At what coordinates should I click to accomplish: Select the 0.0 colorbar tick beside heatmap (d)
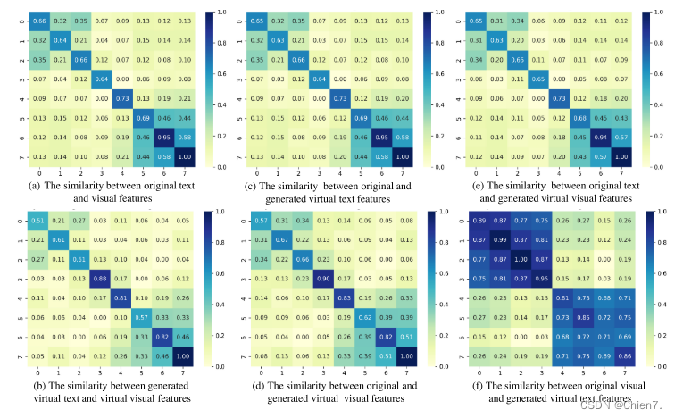coord(438,366)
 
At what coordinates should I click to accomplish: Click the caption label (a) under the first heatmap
coord(36,186)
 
